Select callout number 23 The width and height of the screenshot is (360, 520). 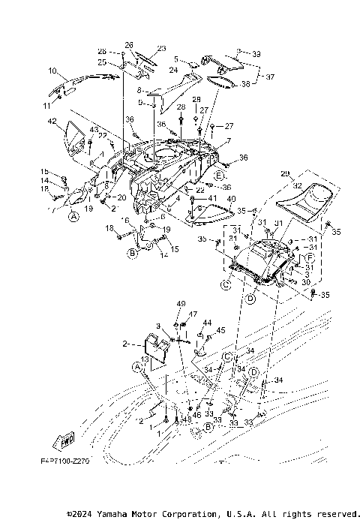[160, 49]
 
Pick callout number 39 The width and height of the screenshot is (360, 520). [256, 55]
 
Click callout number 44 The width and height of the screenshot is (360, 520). [208, 322]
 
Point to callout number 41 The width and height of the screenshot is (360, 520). [213, 198]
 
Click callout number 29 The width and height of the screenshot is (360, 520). [284, 173]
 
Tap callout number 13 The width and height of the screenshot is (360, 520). [145, 361]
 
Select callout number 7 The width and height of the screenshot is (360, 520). [229, 140]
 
